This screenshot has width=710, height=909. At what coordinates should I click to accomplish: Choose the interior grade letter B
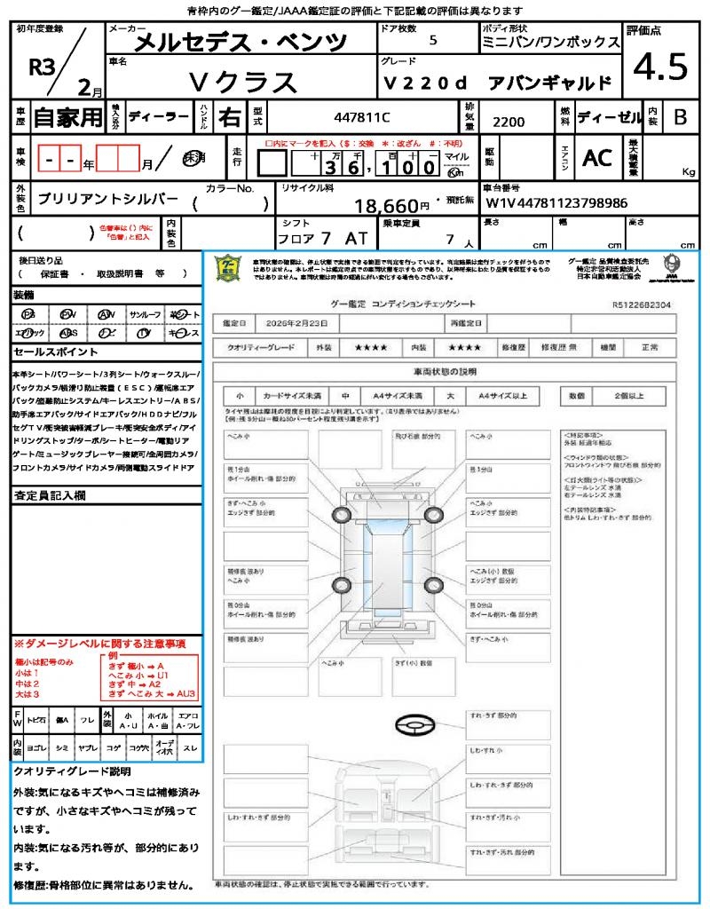[x=680, y=117]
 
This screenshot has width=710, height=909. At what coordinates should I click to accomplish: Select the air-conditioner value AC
[x=596, y=158]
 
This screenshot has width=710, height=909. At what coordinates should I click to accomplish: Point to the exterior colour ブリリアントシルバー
[x=107, y=199]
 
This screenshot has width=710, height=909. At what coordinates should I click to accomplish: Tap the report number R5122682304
[x=641, y=304]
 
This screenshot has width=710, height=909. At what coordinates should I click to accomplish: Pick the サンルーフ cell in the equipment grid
[x=145, y=314]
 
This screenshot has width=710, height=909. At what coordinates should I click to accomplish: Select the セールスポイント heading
[x=49, y=352]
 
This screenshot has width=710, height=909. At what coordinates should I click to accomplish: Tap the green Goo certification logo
[x=228, y=267]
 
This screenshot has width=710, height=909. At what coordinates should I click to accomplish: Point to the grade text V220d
[x=424, y=83]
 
